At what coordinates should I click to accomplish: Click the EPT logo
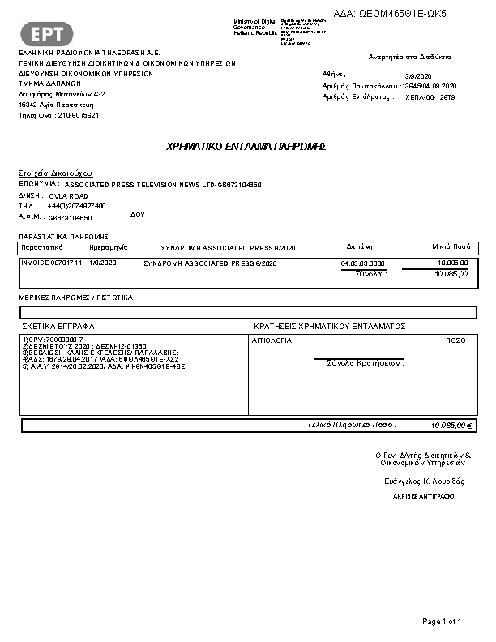tap(51, 34)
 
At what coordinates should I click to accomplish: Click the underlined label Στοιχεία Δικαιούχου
tap(55, 173)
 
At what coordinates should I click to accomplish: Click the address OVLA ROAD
tap(68, 196)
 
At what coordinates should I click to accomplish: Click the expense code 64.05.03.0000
tap(362, 263)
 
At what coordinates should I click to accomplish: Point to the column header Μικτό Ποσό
tap(451, 246)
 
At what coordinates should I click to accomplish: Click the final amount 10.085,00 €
tap(452, 425)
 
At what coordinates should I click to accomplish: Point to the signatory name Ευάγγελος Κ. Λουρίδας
tap(424, 481)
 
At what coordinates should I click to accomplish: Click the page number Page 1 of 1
tap(442, 622)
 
